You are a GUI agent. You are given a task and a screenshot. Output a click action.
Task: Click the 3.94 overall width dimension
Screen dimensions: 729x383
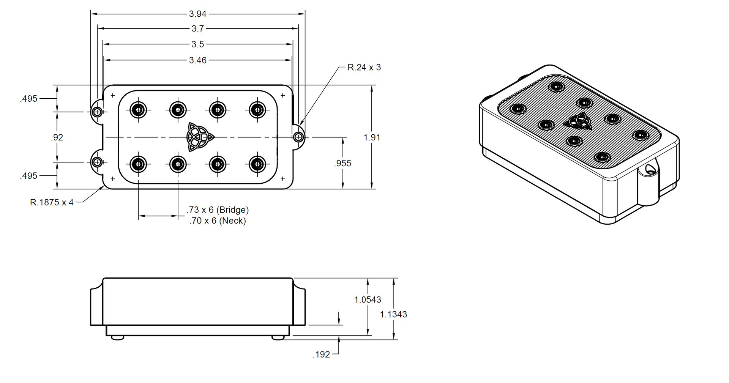(x=197, y=14)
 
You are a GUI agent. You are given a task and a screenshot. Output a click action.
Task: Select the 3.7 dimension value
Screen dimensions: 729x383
(x=197, y=28)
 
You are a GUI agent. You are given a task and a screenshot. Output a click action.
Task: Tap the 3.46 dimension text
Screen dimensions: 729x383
(x=197, y=60)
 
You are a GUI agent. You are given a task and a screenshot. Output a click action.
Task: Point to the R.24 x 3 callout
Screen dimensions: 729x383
(x=364, y=68)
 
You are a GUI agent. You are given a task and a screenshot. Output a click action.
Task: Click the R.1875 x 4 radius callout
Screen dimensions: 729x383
(x=52, y=203)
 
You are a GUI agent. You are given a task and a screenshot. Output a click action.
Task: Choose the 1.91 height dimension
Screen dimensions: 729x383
(x=372, y=137)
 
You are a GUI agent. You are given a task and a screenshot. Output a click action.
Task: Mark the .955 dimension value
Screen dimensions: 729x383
(x=342, y=163)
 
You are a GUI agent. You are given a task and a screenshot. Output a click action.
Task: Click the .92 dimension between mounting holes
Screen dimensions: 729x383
(x=57, y=137)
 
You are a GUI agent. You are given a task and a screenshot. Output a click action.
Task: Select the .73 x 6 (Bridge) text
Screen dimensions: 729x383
(x=218, y=210)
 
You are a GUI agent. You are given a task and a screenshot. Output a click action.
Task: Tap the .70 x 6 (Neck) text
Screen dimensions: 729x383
(x=218, y=221)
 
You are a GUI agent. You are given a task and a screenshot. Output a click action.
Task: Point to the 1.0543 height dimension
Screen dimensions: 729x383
(x=368, y=300)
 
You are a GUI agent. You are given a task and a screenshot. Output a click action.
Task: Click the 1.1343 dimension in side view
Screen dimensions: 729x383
(x=393, y=315)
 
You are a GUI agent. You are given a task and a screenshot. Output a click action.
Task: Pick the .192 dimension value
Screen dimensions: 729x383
(x=321, y=355)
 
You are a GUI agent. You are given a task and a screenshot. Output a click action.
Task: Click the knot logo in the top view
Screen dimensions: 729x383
(x=200, y=137)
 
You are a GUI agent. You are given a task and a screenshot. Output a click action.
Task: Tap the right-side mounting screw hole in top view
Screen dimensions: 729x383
(x=299, y=137)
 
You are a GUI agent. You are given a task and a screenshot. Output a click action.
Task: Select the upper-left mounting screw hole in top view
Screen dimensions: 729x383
(x=97, y=112)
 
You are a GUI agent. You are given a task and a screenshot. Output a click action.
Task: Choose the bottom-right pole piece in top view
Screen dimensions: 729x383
(x=257, y=164)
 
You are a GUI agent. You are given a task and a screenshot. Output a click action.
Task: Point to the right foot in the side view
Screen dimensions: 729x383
(x=278, y=337)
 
